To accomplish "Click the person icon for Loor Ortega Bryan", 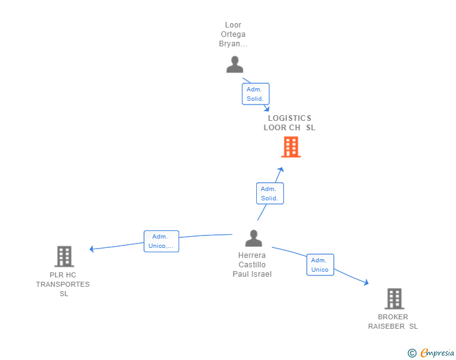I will (x=235, y=64).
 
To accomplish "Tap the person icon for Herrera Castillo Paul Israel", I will (x=254, y=239).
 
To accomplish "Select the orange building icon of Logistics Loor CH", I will (x=291, y=147).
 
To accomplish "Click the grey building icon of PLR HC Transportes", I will (x=65, y=256).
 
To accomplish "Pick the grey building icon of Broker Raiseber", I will (x=394, y=299).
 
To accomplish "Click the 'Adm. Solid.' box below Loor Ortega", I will (x=256, y=94).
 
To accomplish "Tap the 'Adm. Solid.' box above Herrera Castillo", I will (x=270, y=193).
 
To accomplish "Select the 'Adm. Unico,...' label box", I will (x=161, y=241).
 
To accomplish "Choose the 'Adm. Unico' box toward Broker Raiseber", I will (x=320, y=265).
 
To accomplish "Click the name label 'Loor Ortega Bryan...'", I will (x=233, y=34).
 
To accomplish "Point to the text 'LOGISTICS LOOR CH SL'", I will (x=289, y=123).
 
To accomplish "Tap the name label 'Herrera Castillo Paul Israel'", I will (x=252, y=265).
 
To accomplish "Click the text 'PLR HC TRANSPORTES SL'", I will (x=63, y=284).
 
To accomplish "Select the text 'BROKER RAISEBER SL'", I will (x=393, y=322).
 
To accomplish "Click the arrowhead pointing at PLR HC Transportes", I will (x=91, y=249).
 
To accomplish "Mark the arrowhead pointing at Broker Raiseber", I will (x=366, y=283).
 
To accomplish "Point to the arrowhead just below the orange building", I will (x=281, y=169).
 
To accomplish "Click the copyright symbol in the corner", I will (x=412, y=353).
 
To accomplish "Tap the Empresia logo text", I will (x=437, y=353).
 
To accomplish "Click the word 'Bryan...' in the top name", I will (x=233, y=44).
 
